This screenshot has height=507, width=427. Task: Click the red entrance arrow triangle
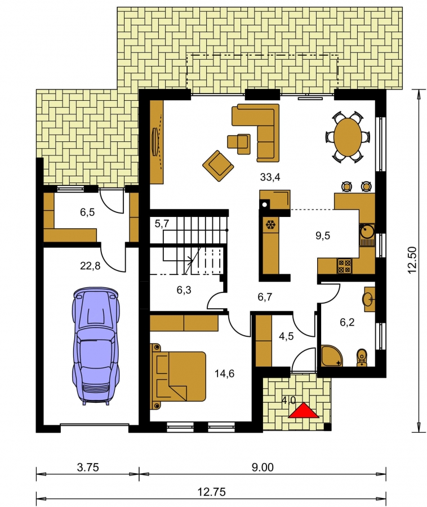(304, 411)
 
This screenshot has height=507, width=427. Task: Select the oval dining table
(348, 137)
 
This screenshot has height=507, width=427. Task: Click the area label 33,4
(270, 177)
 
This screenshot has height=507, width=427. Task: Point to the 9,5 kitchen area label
(323, 235)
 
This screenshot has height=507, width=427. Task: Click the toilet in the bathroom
(362, 358)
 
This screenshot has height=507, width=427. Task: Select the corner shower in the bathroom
(332, 355)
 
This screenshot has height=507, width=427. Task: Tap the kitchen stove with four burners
(344, 266)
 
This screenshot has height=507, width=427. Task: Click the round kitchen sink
(367, 231)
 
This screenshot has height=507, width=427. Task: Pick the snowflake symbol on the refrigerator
(270, 225)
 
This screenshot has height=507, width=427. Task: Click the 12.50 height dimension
(412, 260)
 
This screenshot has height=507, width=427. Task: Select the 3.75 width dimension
(88, 467)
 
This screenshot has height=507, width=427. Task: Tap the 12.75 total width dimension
(212, 492)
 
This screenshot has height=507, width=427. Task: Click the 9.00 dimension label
(263, 467)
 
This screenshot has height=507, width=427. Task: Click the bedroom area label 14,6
(224, 373)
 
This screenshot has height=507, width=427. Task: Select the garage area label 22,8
(90, 266)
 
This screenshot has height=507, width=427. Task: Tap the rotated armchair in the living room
(218, 166)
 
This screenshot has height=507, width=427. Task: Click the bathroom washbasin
(369, 299)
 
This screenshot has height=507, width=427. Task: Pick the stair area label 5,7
(162, 223)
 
